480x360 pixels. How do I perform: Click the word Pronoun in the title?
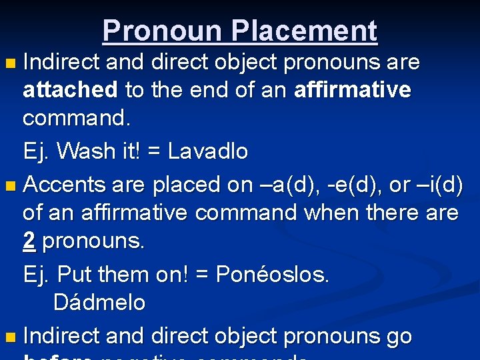pyautogui.click(x=161, y=31)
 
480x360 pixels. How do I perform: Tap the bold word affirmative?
pyautogui.click(x=353, y=90)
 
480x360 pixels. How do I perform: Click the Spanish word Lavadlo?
pyautogui.click(x=207, y=151)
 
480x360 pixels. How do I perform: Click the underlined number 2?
pyautogui.click(x=29, y=241)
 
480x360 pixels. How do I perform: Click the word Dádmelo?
pyautogui.click(x=99, y=303)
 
